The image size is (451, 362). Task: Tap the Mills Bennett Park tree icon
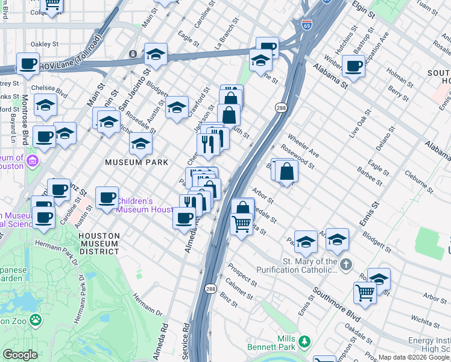tap(305, 342)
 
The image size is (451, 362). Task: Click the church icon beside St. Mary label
tap(345, 264)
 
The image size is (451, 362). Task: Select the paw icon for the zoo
tap(35, 320)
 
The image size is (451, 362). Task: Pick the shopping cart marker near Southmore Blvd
tap(365, 293)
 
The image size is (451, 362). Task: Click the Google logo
tap(19, 355)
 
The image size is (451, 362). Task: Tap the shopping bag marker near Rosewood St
tap(287, 172)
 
